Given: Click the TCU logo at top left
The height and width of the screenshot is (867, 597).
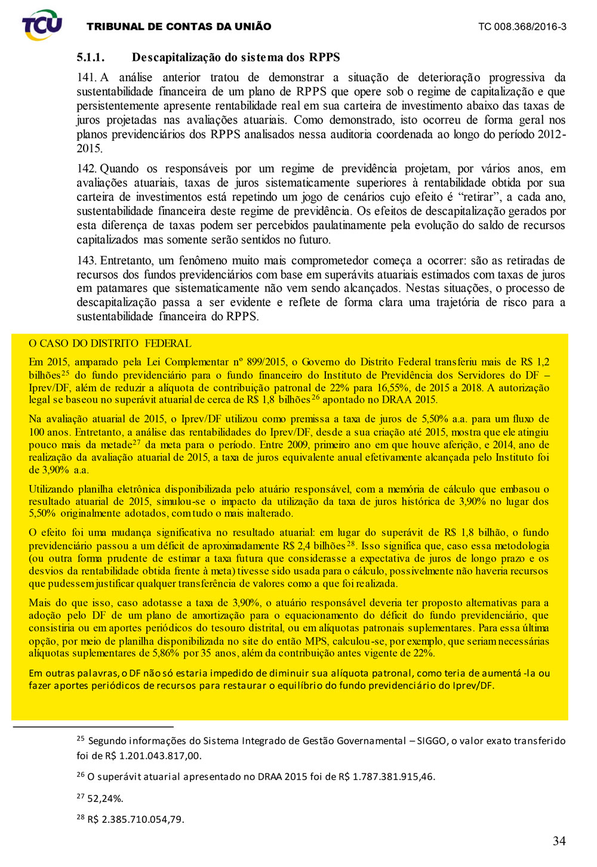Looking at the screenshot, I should (x=42, y=25).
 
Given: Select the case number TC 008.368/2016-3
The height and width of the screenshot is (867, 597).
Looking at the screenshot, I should (x=522, y=27).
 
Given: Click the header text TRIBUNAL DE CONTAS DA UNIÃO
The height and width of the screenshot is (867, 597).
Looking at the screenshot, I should (x=179, y=27).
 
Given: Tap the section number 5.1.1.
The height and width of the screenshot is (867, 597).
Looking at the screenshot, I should (x=91, y=58).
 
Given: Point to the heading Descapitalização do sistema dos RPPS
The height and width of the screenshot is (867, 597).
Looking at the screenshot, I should (x=236, y=58).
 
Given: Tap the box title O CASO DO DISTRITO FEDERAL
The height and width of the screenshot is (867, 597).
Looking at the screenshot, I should (x=110, y=344).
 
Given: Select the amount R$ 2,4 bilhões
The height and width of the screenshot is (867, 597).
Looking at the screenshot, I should (x=313, y=546).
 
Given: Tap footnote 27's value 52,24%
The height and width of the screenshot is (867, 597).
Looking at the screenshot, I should (x=105, y=798).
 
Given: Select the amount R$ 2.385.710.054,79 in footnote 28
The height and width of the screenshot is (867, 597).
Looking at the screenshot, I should (x=136, y=819).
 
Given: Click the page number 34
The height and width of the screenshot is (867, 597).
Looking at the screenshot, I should (x=559, y=841).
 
